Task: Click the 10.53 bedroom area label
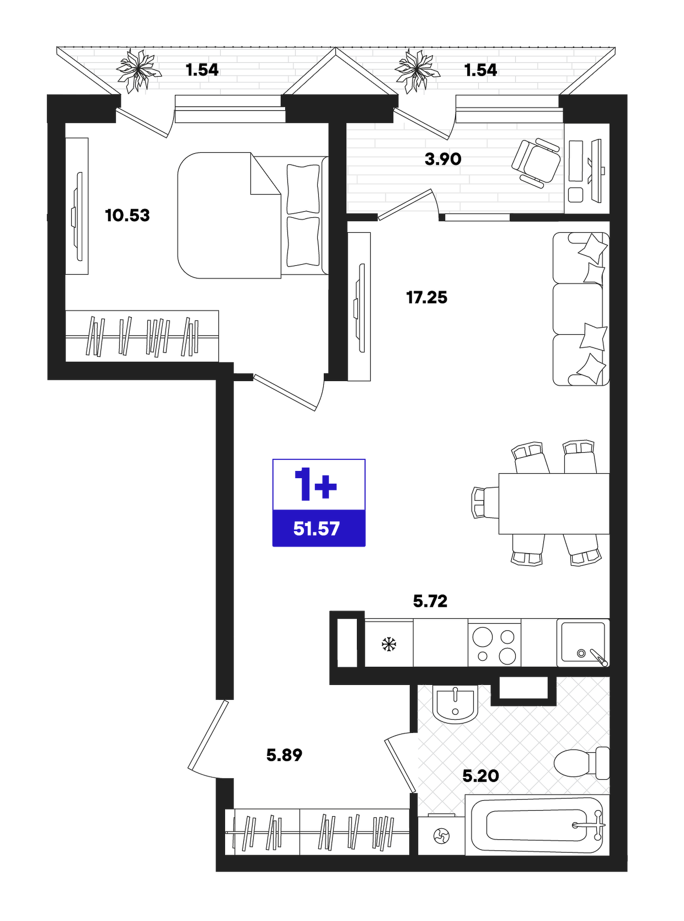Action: pyautogui.click(x=127, y=216)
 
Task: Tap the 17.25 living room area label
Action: pyautogui.click(x=426, y=298)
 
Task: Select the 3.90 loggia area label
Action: pyautogui.click(x=443, y=159)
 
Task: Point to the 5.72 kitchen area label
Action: pyautogui.click(x=430, y=601)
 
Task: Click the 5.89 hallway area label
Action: pyautogui.click(x=284, y=755)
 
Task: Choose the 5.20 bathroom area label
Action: pyautogui.click(x=480, y=775)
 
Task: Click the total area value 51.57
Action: pyautogui.click(x=317, y=529)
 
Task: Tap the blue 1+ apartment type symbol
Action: pyautogui.click(x=316, y=485)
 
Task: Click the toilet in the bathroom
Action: pyautogui.click(x=581, y=763)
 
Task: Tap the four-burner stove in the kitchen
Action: pyautogui.click(x=494, y=643)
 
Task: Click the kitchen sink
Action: pyautogui.click(x=583, y=642)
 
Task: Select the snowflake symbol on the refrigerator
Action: pyautogui.click(x=389, y=645)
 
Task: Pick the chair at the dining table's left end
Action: pyautogui.click(x=485, y=503)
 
